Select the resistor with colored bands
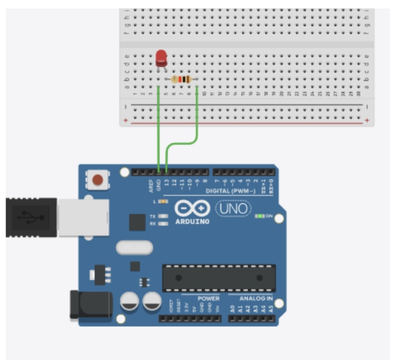click(181, 79)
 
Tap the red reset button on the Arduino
click(99, 179)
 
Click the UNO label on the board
click(233, 209)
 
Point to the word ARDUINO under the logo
click(192, 221)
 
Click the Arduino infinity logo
click(192, 209)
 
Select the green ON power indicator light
click(261, 216)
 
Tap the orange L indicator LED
click(163, 201)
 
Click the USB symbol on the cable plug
click(30, 216)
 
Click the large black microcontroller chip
click(219, 278)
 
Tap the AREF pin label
click(151, 185)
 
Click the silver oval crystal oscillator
click(135, 248)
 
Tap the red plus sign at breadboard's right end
click(367, 120)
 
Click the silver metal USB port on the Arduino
click(83, 217)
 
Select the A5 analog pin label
click(271, 308)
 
